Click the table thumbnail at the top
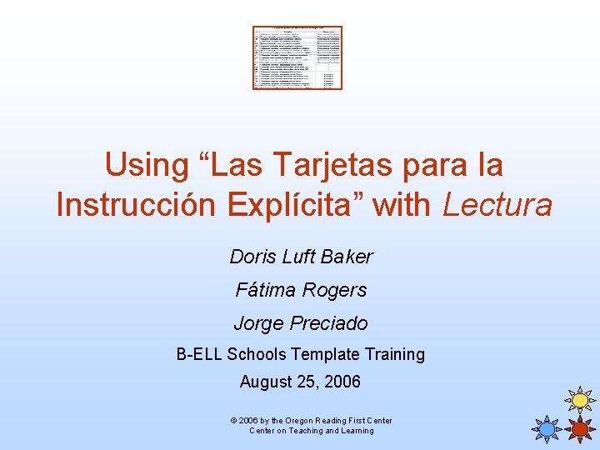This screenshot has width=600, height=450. pos(297,57)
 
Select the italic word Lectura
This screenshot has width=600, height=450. pos(497,204)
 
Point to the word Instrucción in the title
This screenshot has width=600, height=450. pos(136,204)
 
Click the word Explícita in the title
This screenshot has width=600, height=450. pos(304,204)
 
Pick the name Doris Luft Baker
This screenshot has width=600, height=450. pos(301,257)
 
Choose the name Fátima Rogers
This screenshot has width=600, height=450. pos(301,290)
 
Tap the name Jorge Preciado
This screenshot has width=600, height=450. pos(301,323)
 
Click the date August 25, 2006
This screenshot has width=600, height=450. pos(300,382)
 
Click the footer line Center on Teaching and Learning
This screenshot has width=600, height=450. pos(312,431)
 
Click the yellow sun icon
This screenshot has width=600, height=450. pos(580,401)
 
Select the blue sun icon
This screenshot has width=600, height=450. pos(547,429)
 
